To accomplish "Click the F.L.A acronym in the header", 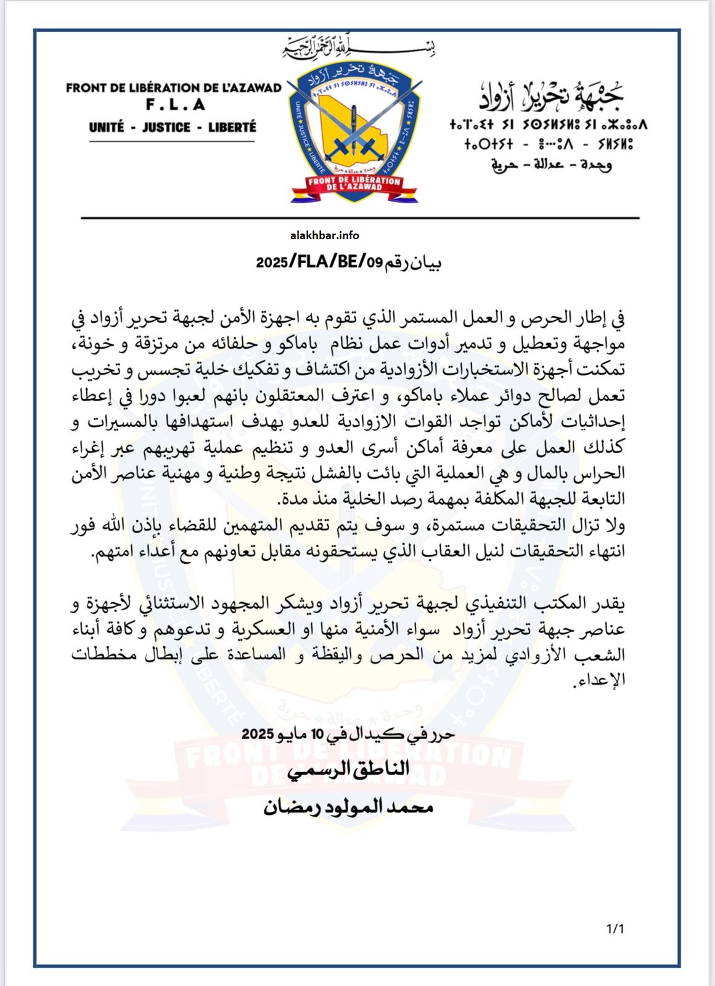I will [176, 105].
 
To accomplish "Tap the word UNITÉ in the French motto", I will [106, 128].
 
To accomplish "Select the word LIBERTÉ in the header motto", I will [232, 128].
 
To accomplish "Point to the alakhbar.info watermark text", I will [324, 235].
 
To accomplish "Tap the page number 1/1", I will [615, 928].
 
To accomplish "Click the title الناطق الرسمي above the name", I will [349, 769].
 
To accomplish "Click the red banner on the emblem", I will [354, 183].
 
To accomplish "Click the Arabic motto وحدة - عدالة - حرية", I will [551, 165].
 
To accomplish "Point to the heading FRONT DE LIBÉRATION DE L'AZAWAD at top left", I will [173, 88].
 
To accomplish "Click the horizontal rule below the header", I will [360, 218].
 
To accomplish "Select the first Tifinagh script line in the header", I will [549, 125].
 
